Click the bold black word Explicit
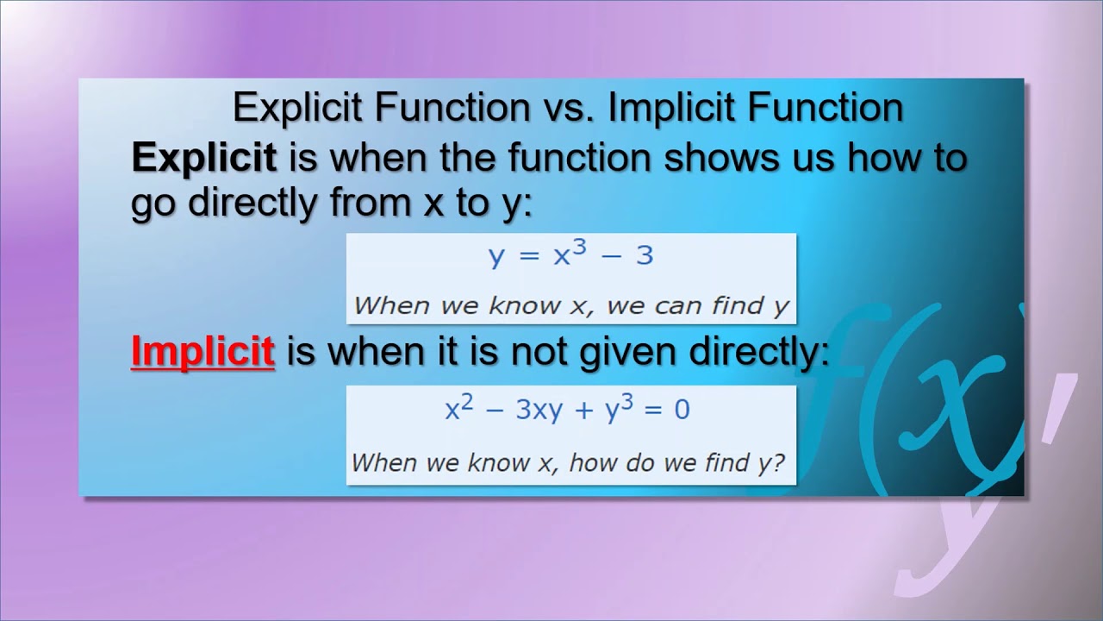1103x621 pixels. point(203,158)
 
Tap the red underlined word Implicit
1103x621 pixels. point(203,353)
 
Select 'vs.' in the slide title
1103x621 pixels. point(564,108)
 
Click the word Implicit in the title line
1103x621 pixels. point(673,108)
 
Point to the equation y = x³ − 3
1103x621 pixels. point(570,255)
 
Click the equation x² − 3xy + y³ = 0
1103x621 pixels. point(567,408)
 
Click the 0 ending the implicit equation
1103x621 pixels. point(682,409)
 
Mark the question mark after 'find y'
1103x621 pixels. point(779,461)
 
